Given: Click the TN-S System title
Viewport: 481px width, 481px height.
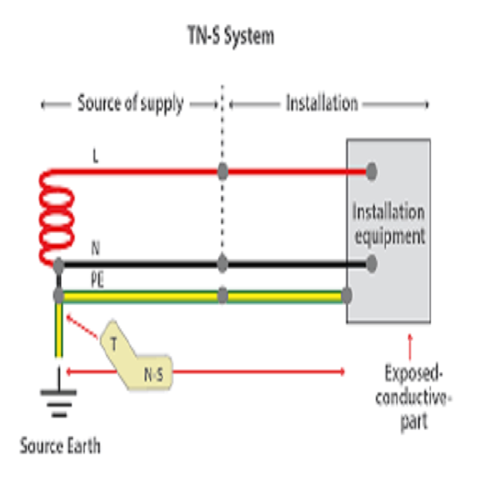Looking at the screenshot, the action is (231, 36).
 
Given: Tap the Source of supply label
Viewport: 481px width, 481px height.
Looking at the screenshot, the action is (130, 103).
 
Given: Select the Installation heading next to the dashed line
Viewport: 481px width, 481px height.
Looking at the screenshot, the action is (322, 102).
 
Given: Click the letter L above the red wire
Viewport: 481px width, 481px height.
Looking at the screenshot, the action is (95, 156).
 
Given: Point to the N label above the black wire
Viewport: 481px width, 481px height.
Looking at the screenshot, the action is (95, 248).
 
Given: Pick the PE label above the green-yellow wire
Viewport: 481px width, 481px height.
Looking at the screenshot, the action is (97, 280).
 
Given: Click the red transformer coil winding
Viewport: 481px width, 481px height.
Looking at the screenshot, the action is (56, 218).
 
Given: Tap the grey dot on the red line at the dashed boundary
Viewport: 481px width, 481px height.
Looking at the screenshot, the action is (223, 171).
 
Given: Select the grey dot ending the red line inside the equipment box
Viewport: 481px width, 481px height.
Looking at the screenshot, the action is (371, 172).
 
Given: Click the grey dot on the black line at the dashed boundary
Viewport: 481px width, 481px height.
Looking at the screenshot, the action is (223, 263).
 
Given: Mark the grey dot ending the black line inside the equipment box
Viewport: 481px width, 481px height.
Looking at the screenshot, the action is (371, 263).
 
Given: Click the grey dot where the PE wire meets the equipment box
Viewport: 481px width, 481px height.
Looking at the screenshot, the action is (347, 296).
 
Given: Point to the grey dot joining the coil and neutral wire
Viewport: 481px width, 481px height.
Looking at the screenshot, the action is (58, 265).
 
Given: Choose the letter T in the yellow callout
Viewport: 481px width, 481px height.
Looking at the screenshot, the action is (114, 343).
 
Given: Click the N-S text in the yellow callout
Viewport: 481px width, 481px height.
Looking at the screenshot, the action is (154, 375).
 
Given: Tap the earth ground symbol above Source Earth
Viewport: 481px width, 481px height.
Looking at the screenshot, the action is (58, 393).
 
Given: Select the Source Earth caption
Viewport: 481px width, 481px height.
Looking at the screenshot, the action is (60, 446).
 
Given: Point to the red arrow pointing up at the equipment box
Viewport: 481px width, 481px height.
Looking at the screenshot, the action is (410, 347).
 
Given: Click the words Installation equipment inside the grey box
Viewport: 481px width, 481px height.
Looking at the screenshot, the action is (389, 224).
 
